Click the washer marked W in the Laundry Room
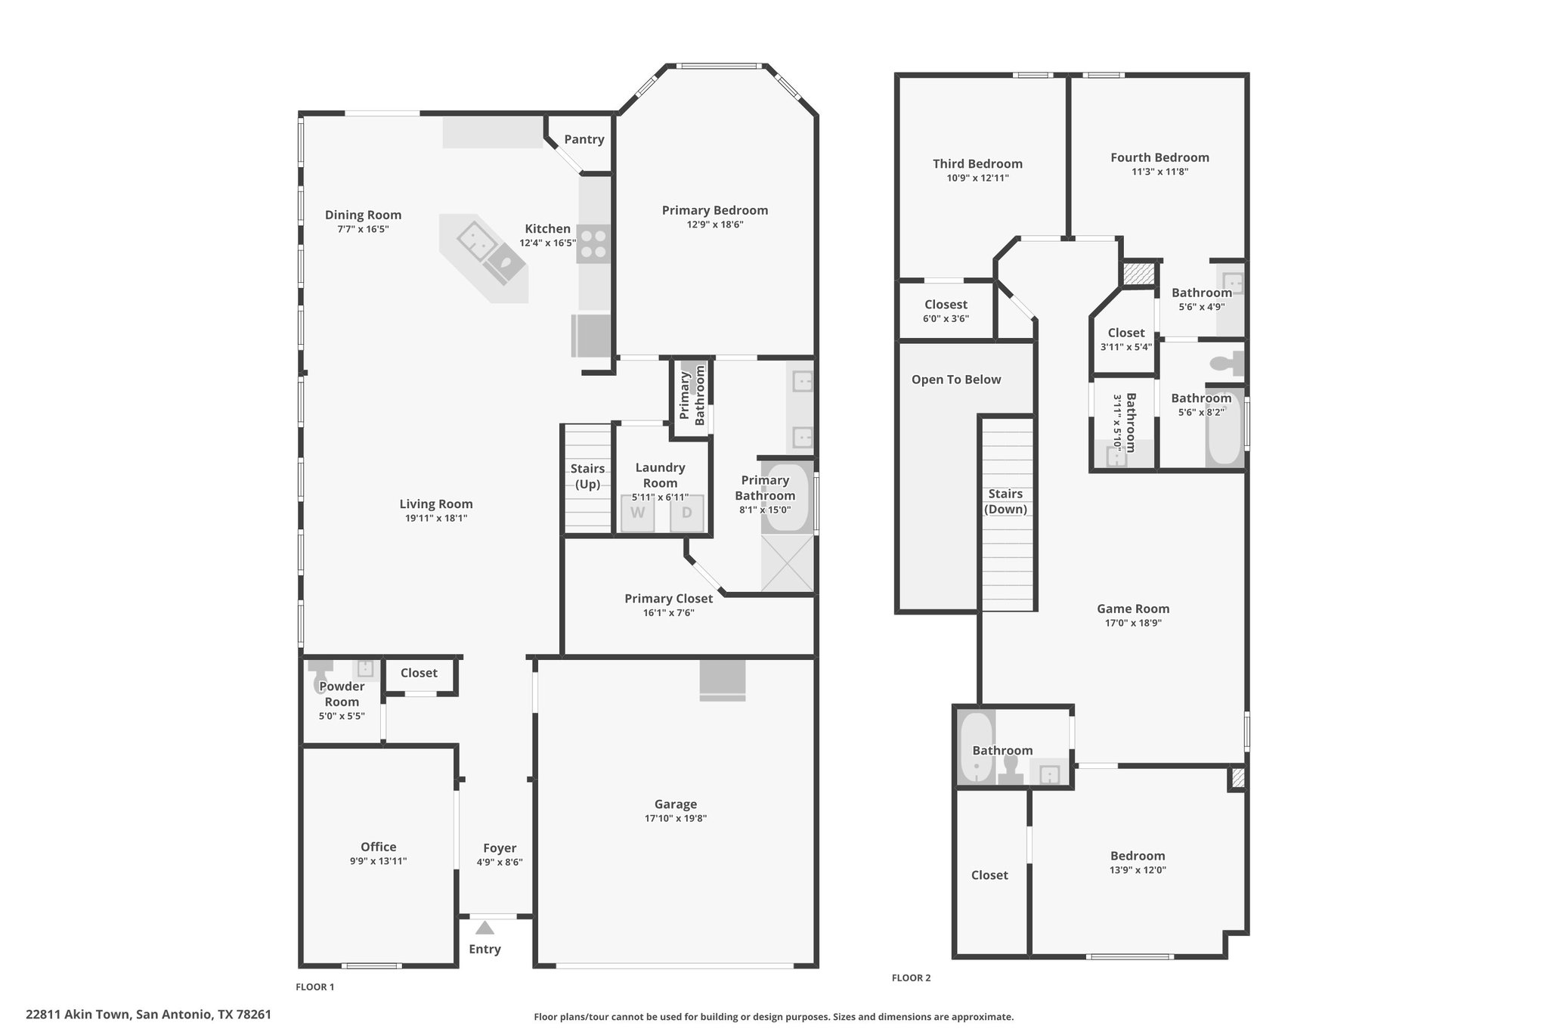point(638,513)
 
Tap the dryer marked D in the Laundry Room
point(686,513)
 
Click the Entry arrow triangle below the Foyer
point(485,928)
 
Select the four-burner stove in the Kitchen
point(593,244)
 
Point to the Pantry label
point(584,139)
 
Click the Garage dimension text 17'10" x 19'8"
point(676,818)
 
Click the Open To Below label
point(956,380)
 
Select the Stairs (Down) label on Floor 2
point(1005,501)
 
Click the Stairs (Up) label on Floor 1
point(587,476)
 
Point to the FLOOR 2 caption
point(911,978)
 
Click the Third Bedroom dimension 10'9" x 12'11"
point(977,178)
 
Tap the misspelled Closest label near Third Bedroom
point(946,305)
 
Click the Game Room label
point(1133,609)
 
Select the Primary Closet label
point(668,599)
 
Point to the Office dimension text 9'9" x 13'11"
point(378,860)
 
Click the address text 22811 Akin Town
point(79,1015)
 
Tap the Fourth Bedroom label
point(1159,157)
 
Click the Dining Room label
point(363,215)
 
